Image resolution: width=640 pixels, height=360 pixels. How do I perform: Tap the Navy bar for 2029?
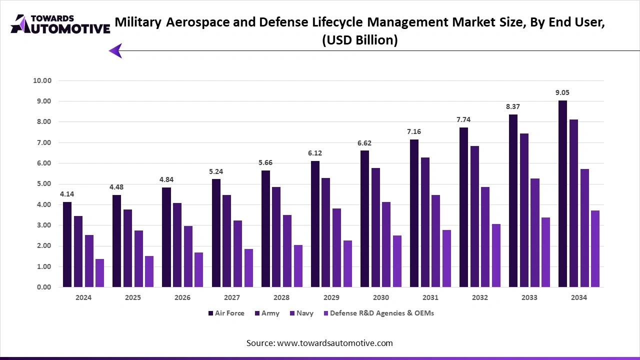tap(336, 247)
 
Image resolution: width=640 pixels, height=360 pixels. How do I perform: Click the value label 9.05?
tap(562, 92)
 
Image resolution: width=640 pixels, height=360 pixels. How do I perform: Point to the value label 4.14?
tap(67, 194)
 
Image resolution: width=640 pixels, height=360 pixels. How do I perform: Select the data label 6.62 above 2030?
tap(364, 143)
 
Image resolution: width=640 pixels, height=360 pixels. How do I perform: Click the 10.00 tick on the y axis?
tap(42, 80)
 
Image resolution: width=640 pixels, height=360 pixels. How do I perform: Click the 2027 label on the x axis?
tap(232, 297)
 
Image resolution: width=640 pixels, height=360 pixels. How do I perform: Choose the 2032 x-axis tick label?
tap(480, 297)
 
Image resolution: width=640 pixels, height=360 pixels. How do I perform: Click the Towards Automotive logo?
tap(60, 24)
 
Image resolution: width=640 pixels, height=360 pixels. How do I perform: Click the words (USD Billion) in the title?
tap(359, 40)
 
